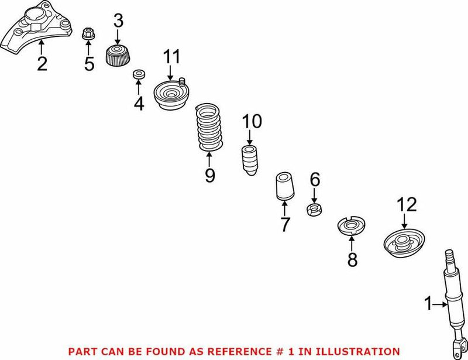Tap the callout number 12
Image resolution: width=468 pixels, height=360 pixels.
click(407, 204)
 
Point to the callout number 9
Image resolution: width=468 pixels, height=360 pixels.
click(209, 174)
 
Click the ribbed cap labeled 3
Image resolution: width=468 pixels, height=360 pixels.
click(118, 56)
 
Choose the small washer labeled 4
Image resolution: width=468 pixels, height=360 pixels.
click(139, 74)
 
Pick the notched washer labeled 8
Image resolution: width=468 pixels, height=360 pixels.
click(352, 227)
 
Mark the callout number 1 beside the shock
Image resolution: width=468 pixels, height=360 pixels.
click(428, 303)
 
